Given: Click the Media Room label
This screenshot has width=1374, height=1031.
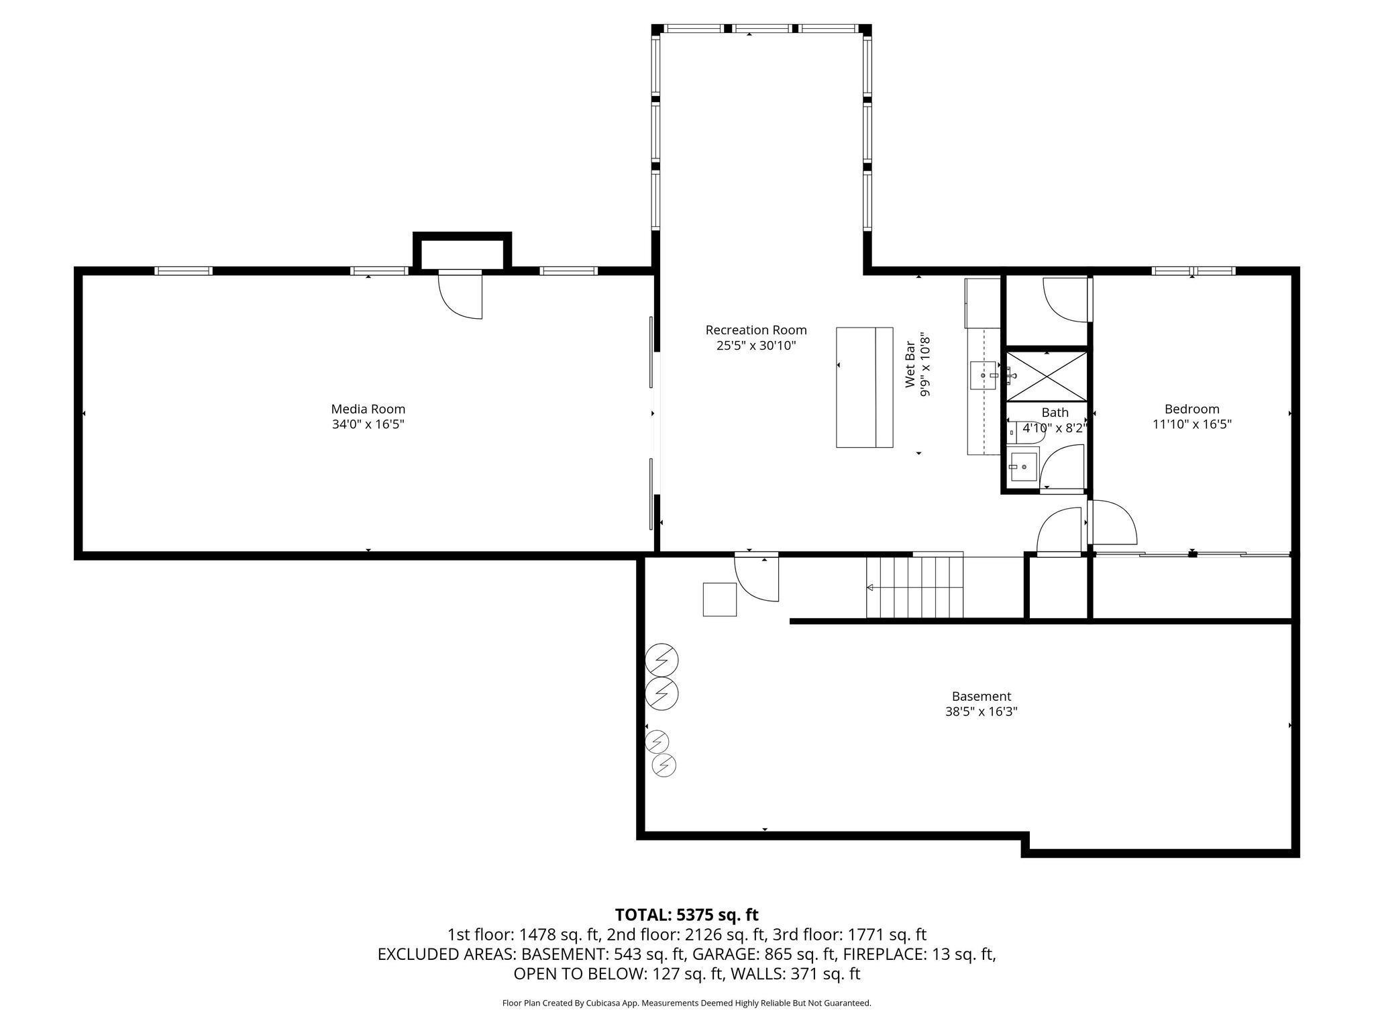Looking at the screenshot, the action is (x=368, y=409).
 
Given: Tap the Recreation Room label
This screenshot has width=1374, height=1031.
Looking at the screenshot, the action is (x=756, y=330).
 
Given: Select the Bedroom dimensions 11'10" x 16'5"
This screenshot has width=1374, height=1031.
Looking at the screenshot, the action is (x=1192, y=424).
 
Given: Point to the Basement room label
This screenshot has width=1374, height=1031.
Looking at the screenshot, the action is (x=982, y=697).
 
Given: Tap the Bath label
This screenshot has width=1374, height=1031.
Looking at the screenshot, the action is (x=1055, y=413).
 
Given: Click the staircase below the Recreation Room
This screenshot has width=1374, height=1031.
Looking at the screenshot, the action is (x=915, y=587).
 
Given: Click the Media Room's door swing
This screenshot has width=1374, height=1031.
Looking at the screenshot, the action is (x=460, y=295).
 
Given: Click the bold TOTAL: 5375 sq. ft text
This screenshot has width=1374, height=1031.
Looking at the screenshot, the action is (x=686, y=915).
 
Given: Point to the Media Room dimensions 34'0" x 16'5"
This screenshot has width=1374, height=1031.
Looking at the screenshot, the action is (x=368, y=424).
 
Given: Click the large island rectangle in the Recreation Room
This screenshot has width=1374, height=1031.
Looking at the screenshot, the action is (x=864, y=387).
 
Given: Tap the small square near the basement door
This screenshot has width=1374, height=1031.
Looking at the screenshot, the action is (x=719, y=599).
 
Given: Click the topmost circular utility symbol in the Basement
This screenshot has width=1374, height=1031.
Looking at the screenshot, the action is (x=662, y=661).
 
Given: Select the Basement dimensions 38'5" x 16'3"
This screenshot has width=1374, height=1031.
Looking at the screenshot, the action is (x=982, y=712).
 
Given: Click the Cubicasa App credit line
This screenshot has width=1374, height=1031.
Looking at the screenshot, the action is (x=686, y=1003).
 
